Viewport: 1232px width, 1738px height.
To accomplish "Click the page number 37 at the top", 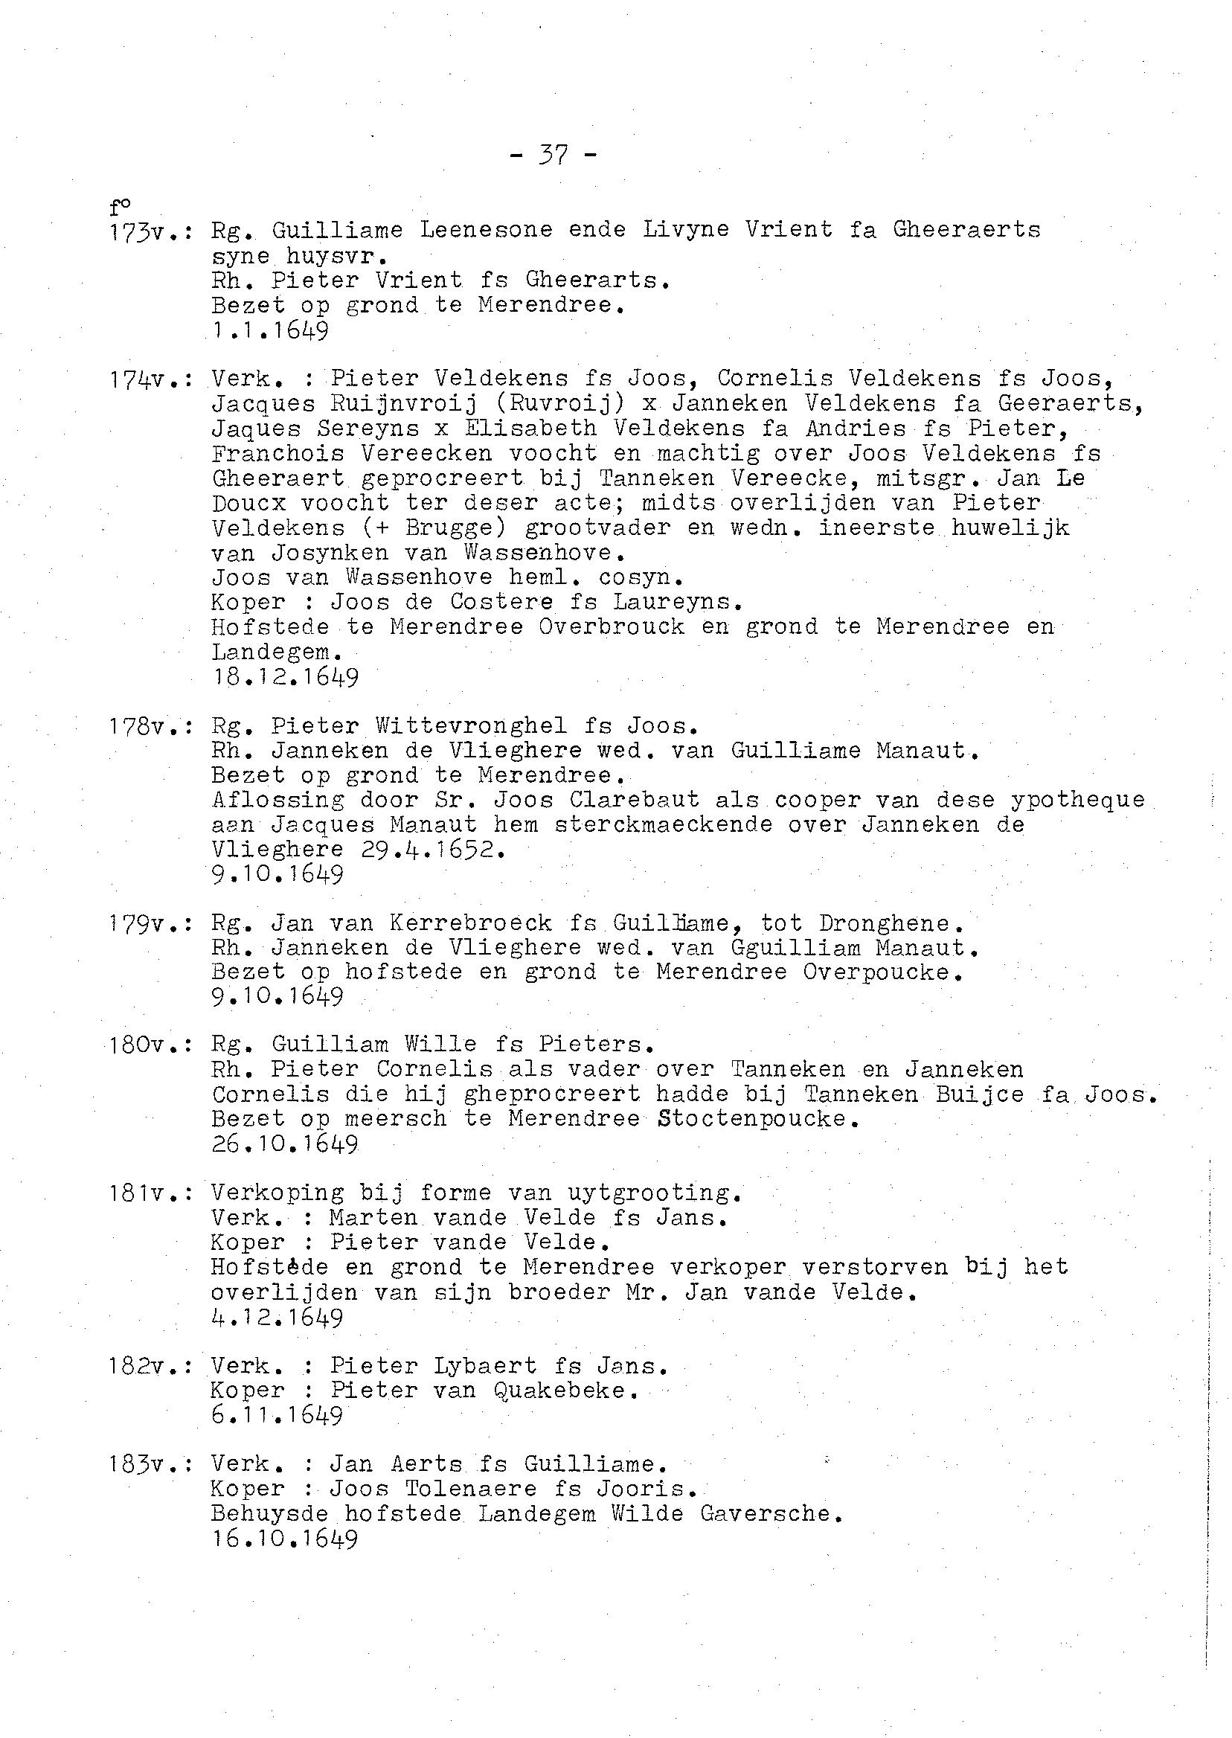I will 553,155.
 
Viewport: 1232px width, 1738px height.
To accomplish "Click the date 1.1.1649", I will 269,331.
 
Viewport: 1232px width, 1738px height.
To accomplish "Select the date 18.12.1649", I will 284,677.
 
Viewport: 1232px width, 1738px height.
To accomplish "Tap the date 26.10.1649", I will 284,1144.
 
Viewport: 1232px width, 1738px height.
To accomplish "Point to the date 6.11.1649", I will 277,1416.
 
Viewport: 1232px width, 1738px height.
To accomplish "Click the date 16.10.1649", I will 284,1539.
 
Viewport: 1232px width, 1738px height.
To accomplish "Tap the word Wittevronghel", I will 470,726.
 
